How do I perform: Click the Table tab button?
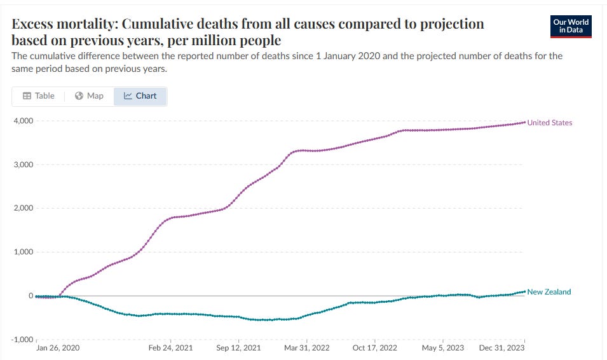pos(38,96)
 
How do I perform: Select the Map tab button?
pos(89,96)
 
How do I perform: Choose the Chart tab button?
pos(140,96)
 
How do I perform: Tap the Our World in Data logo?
pos(571,26)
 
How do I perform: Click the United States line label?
pos(550,123)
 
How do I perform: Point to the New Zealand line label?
pos(549,292)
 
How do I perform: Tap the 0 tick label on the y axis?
pos(29,296)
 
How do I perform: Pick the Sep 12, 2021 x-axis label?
pos(238,349)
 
